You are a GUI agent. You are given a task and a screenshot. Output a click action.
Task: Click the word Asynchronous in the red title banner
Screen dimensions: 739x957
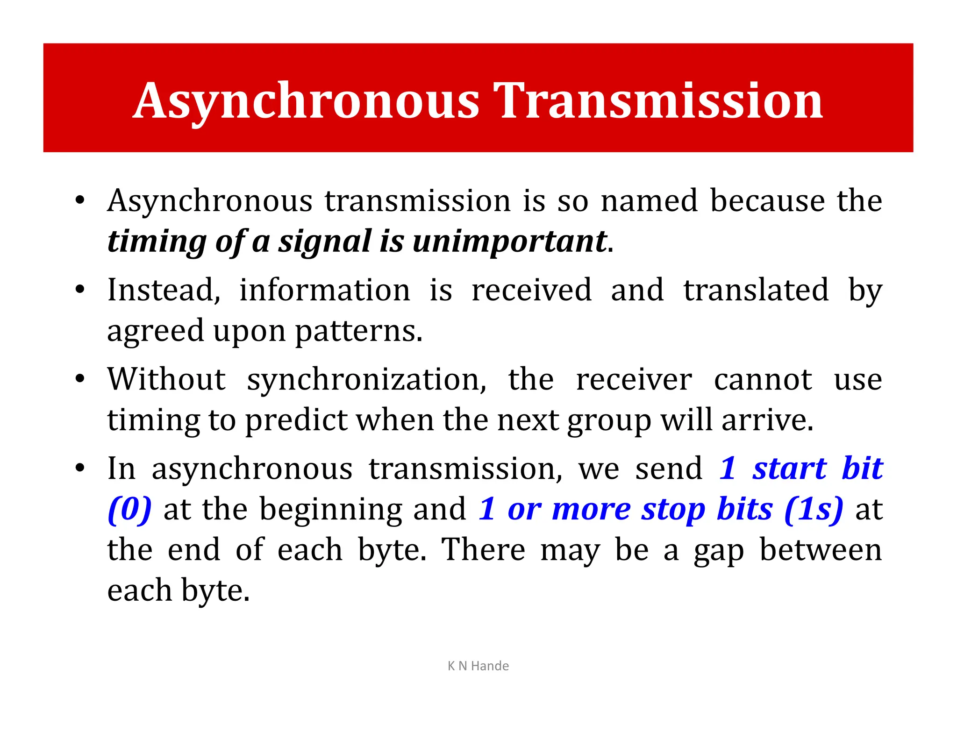[x=307, y=101]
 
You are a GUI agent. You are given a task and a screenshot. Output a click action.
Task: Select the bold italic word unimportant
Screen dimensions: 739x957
[x=509, y=241]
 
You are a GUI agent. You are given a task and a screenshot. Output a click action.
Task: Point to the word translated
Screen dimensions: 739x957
[x=756, y=290]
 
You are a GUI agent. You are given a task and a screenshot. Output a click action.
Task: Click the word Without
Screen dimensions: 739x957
[x=166, y=379]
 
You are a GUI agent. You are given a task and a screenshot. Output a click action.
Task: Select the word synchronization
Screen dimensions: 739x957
[x=366, y=379]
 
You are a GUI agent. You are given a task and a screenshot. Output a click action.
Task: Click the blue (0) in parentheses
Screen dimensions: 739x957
[x=129, y=509]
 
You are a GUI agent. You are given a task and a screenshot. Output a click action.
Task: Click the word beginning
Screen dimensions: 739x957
[x=331, y=509]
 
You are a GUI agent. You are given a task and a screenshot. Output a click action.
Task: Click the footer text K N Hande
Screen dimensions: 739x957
[x=478, y=666]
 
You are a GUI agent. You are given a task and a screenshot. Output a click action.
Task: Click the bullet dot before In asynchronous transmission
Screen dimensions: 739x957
[x=80, y=468]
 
